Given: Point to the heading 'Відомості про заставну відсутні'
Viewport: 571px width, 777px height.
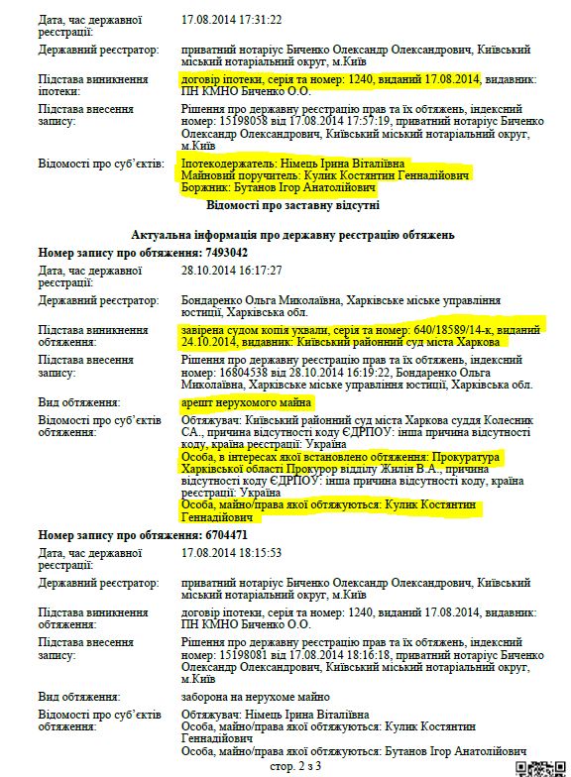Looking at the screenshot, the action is point(292,205).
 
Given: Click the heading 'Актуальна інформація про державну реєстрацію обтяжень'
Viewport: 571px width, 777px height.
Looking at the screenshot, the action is point(293,235).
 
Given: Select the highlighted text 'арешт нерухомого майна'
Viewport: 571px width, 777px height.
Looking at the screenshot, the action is point(247,403).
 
